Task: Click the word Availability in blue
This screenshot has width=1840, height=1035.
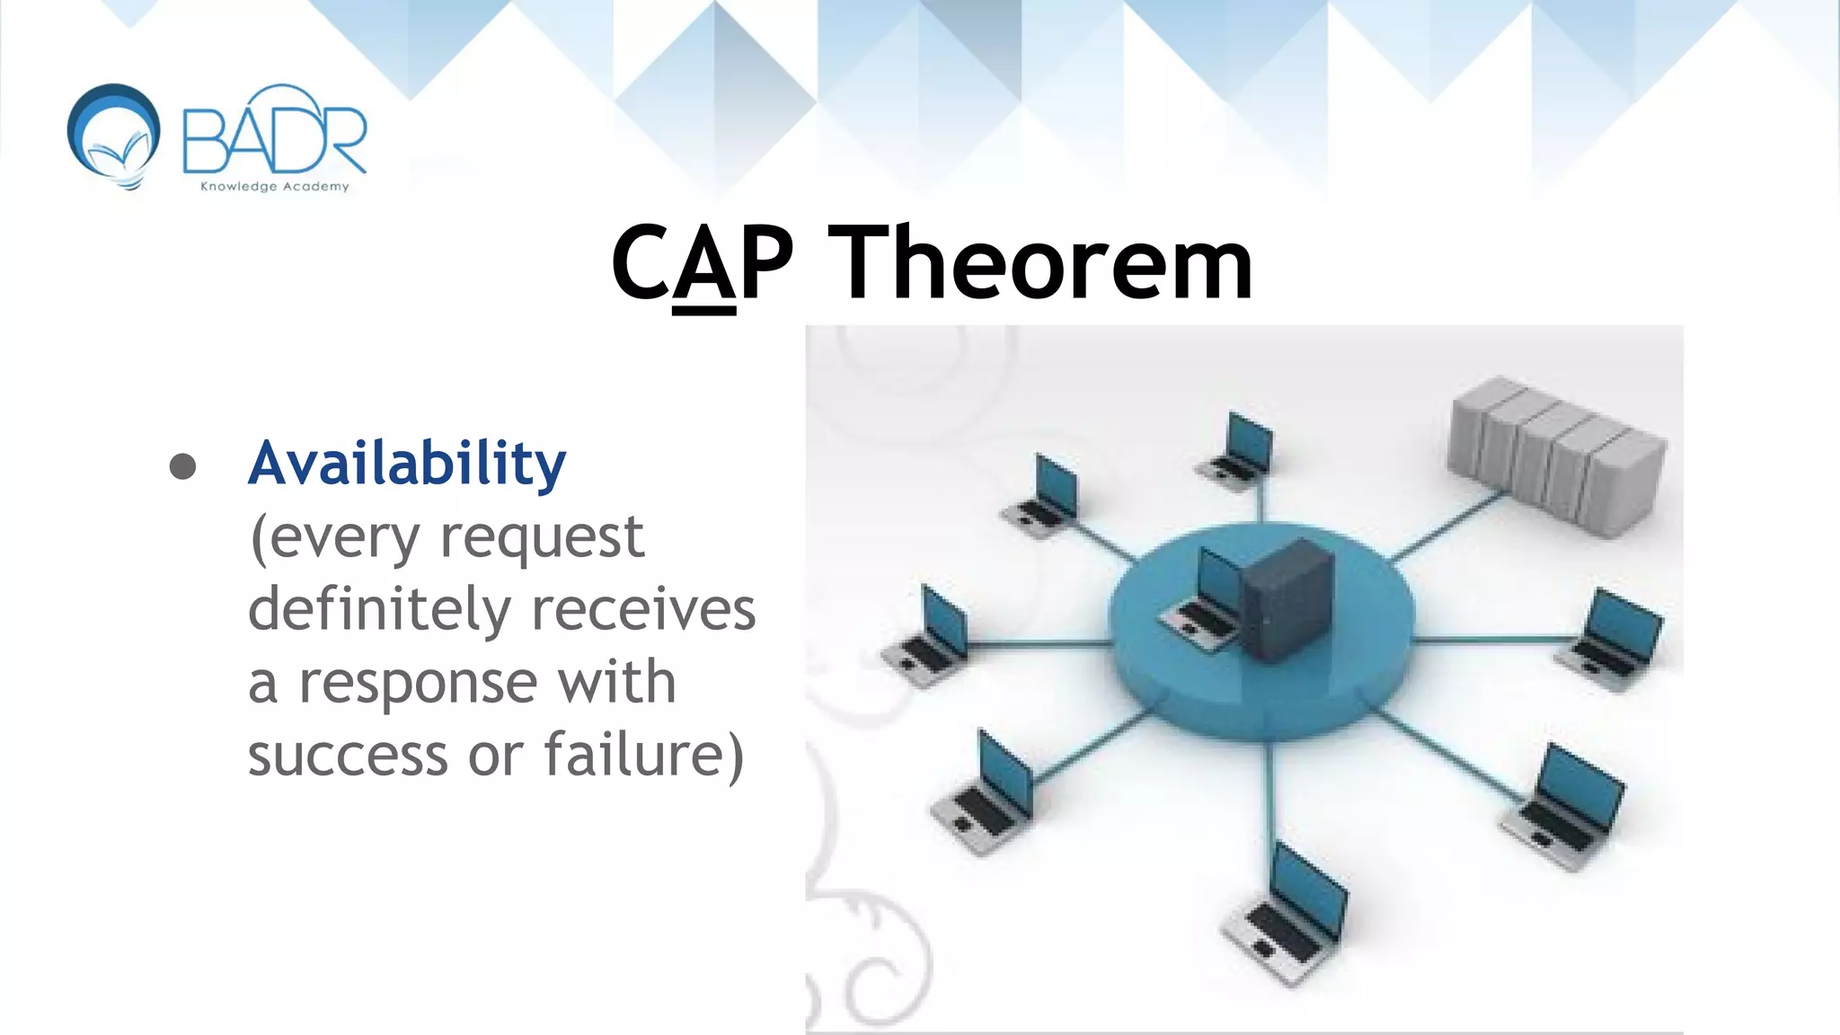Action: pyautogui.click(x=406, y=464)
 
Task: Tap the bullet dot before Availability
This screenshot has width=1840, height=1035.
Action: pyautogui.click(x=182, y=466)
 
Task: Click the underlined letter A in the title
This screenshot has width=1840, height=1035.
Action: pyautogui.click(x=703, y=267)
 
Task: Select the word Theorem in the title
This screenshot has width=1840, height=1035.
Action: pyautogui.click(x=1039, y=263)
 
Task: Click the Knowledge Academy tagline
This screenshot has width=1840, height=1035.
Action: pyautogui.click(x=274, y=187)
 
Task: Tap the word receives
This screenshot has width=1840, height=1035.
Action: pyautogui.click(x=643, y=611)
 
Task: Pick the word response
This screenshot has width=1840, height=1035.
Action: pyautogui.click(x=418, y=683)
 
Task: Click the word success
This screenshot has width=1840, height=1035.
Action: pyautogui.click(x=348, y=755)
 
